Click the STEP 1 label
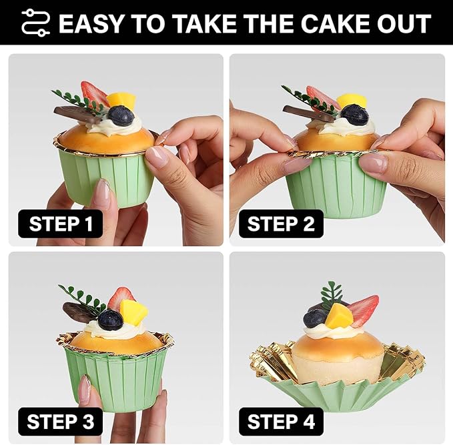[61, 224]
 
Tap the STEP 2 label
[281, 224]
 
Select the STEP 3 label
[61, 422]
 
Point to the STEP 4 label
[281, 422]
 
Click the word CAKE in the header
[336, 23]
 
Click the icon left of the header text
[36, 23]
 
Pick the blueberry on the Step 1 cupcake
[121, 115]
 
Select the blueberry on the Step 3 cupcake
[111, 320]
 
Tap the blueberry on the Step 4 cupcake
[316, 318]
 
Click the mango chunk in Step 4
[339, 316]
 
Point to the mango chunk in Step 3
[133, 312]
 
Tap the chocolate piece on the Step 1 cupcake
[77, 114]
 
